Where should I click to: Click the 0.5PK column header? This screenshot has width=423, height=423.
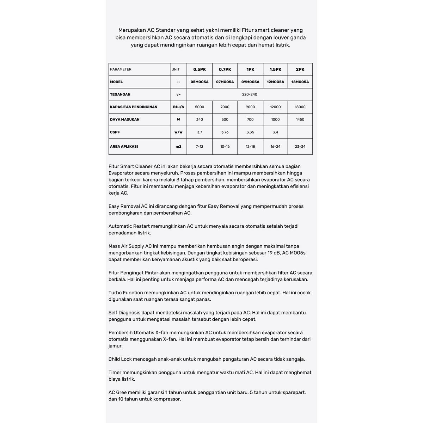(x=200, y=69)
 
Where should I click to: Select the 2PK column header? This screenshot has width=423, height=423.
(x=300, y=69)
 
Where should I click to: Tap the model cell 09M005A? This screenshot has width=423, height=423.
(x=250, y=82)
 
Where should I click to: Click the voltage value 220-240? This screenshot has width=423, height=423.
(x=250, y=94)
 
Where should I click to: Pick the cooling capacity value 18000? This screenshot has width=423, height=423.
(x=300, y=107)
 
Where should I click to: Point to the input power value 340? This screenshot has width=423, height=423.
(x=200, y=119)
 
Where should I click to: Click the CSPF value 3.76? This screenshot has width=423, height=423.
(x=225, y=132)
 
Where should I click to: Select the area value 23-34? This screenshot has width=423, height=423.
(x=300, y=146)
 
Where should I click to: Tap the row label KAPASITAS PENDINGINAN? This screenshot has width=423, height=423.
(x=134, y=107)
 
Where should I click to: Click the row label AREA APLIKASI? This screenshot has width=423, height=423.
(x=124, y=146)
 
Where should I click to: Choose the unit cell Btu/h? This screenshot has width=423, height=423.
(x=178, y=107)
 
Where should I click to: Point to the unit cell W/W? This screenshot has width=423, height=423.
(x=178, y=132)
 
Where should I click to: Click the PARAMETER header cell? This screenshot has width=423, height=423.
(x=121, y=69)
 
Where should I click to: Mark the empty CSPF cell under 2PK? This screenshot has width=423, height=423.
(x=300, y=132)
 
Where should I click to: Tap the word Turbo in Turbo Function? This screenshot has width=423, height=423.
(x=115, y=293)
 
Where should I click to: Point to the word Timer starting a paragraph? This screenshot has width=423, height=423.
(x=115, y=373)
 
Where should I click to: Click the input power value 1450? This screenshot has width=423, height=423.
(x=300, y=119)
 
